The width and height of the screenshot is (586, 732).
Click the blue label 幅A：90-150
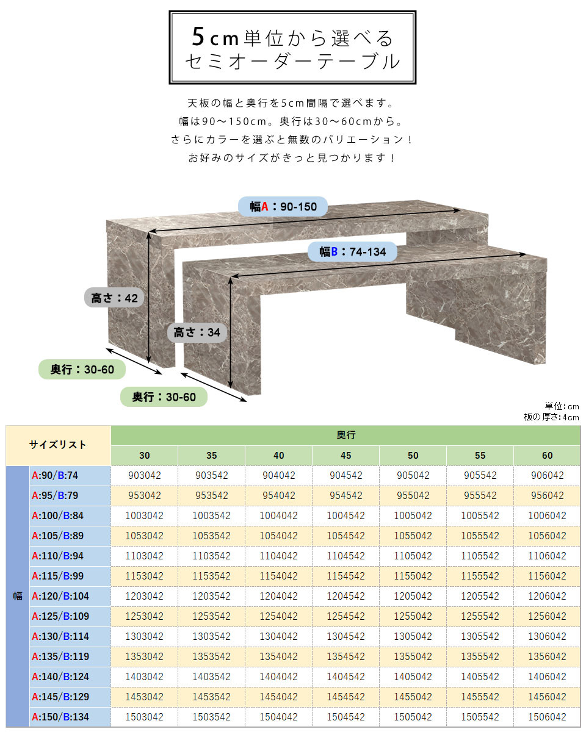pos(283,206)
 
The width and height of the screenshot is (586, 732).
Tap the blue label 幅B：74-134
pos(352,252)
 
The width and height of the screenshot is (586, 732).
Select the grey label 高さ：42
pos(114,298)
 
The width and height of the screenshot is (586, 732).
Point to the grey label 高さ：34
pos(197,332)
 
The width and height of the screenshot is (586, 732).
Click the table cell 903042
pos(145,475)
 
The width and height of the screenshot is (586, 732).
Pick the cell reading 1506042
pos(547,717)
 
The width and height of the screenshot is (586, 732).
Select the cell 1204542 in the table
pos(345,596)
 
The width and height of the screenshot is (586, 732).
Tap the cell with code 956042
pos(547,495)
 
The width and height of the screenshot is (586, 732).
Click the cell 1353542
pos(211,656)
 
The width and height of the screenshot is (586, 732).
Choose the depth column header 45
pos(345,456)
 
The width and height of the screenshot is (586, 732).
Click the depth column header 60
pos(547,456)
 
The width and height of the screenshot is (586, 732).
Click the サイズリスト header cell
pos(58,445)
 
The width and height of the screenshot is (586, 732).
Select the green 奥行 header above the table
pos(345,435)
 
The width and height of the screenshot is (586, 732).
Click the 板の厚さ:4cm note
pos(551,417)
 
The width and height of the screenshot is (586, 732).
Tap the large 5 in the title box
pos(198,37)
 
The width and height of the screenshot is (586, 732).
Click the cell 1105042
pos(413,556)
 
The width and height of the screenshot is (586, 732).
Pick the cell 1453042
pos(145,697)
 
